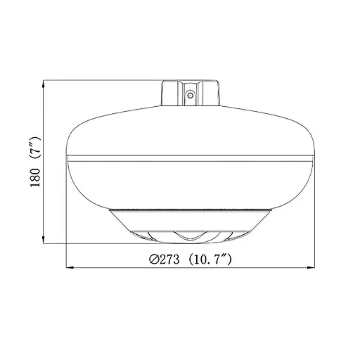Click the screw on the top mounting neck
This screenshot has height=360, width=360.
(189, 93)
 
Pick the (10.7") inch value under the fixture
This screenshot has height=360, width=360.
(214, 259)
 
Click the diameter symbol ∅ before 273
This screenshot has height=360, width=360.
(154, 259)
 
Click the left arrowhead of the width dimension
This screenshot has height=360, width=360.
(68, 268)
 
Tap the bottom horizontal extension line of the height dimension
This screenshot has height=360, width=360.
(105, 243)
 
